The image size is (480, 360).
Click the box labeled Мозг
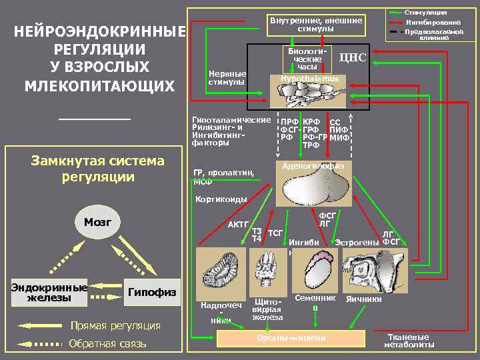97,221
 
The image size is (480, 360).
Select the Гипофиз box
153,292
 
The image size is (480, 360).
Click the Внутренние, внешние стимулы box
316,25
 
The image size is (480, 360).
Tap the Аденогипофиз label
313,165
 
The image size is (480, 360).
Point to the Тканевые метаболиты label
409,341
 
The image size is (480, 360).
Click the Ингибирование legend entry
433,22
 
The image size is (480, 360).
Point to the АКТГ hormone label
238,224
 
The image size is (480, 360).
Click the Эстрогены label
357,241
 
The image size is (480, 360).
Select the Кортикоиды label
221,199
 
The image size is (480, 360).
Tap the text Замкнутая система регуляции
97,169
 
